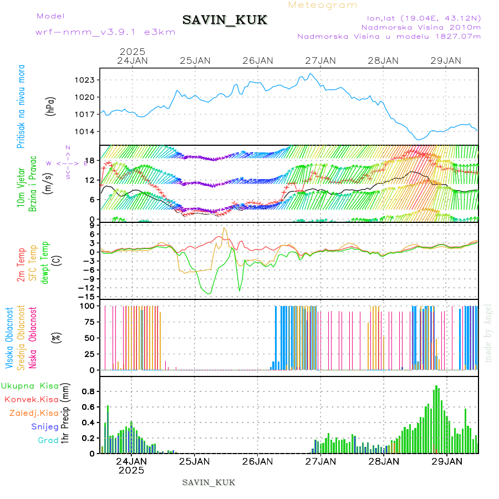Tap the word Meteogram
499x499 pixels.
coord(323,5)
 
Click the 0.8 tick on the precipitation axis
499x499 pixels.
coord(88,391)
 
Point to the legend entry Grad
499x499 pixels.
coord(48,440)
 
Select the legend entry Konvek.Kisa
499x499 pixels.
coord(31,399)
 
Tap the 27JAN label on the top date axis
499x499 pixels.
coord(320,60)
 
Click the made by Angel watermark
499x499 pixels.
coord(488,333)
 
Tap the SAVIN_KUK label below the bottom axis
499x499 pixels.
coord(208,482)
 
